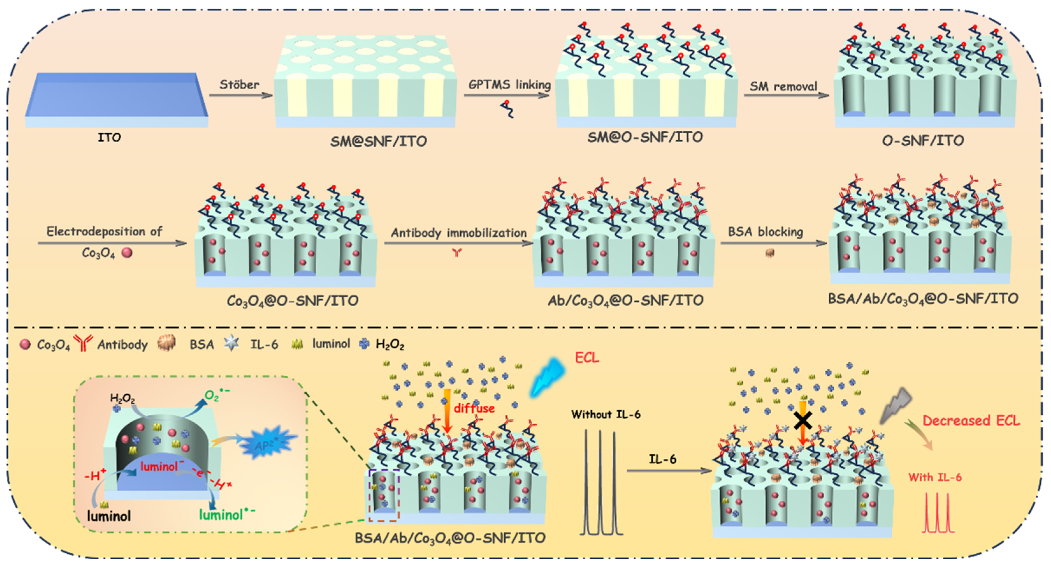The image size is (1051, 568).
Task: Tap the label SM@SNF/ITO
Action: (x=378, y=141)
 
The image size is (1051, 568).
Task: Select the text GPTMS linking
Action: (x=509, y=84)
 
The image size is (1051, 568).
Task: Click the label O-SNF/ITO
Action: (x=923, y=141)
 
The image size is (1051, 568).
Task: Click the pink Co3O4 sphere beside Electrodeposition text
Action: (x=127, y=253)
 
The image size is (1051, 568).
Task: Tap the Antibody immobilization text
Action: (x=458, y=233)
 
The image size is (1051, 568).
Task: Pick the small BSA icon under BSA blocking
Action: (x=769, y=253)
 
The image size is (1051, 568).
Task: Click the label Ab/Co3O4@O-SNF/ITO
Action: (x=625, y=301)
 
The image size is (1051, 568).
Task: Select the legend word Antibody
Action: (x=122, y=345)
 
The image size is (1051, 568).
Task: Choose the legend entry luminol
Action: (x=331, y=344)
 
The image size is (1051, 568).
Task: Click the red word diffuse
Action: (x=474, y=408)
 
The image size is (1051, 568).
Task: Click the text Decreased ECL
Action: (x=971, y=421)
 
